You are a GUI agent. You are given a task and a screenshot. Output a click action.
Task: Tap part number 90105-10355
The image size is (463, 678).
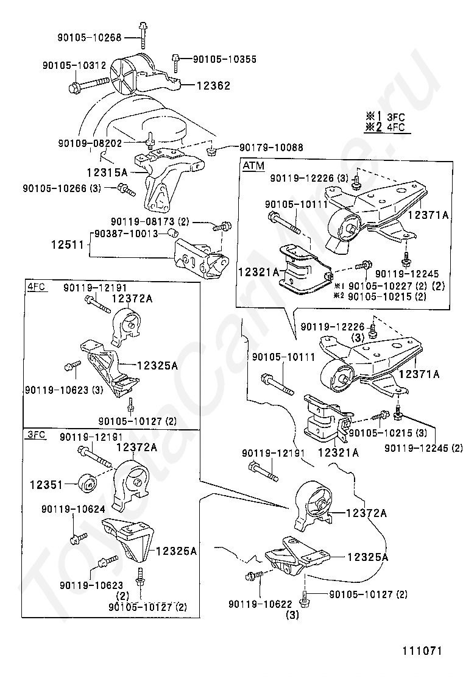click(224, 59)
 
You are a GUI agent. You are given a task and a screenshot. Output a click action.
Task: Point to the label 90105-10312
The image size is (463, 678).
click(74, 65)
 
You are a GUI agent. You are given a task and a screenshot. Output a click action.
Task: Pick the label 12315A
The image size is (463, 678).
click(107, 173)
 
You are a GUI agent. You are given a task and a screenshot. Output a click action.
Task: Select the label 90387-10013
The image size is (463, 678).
click(125, 234)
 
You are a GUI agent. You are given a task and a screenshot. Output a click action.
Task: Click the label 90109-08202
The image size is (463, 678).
click(90, 143)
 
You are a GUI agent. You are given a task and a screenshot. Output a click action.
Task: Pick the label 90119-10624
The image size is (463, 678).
click(73, 508)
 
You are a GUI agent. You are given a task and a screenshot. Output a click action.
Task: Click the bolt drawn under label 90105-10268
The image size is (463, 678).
click(143, 35)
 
